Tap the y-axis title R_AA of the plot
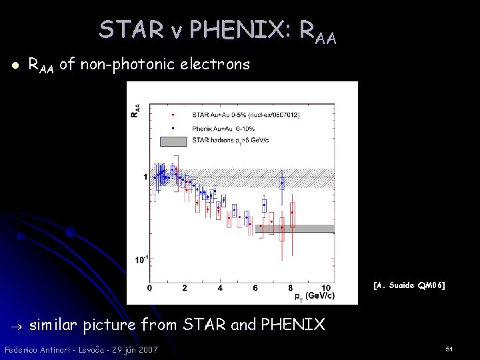pos(136,110)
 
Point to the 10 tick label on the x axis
pos(325,287)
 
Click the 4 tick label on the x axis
pos(220,287)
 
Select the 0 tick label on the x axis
pos(149,287)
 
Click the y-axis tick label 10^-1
pos(140,259)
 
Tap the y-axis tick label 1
pos(145,177)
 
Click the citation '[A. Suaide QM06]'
pos(409,285)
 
